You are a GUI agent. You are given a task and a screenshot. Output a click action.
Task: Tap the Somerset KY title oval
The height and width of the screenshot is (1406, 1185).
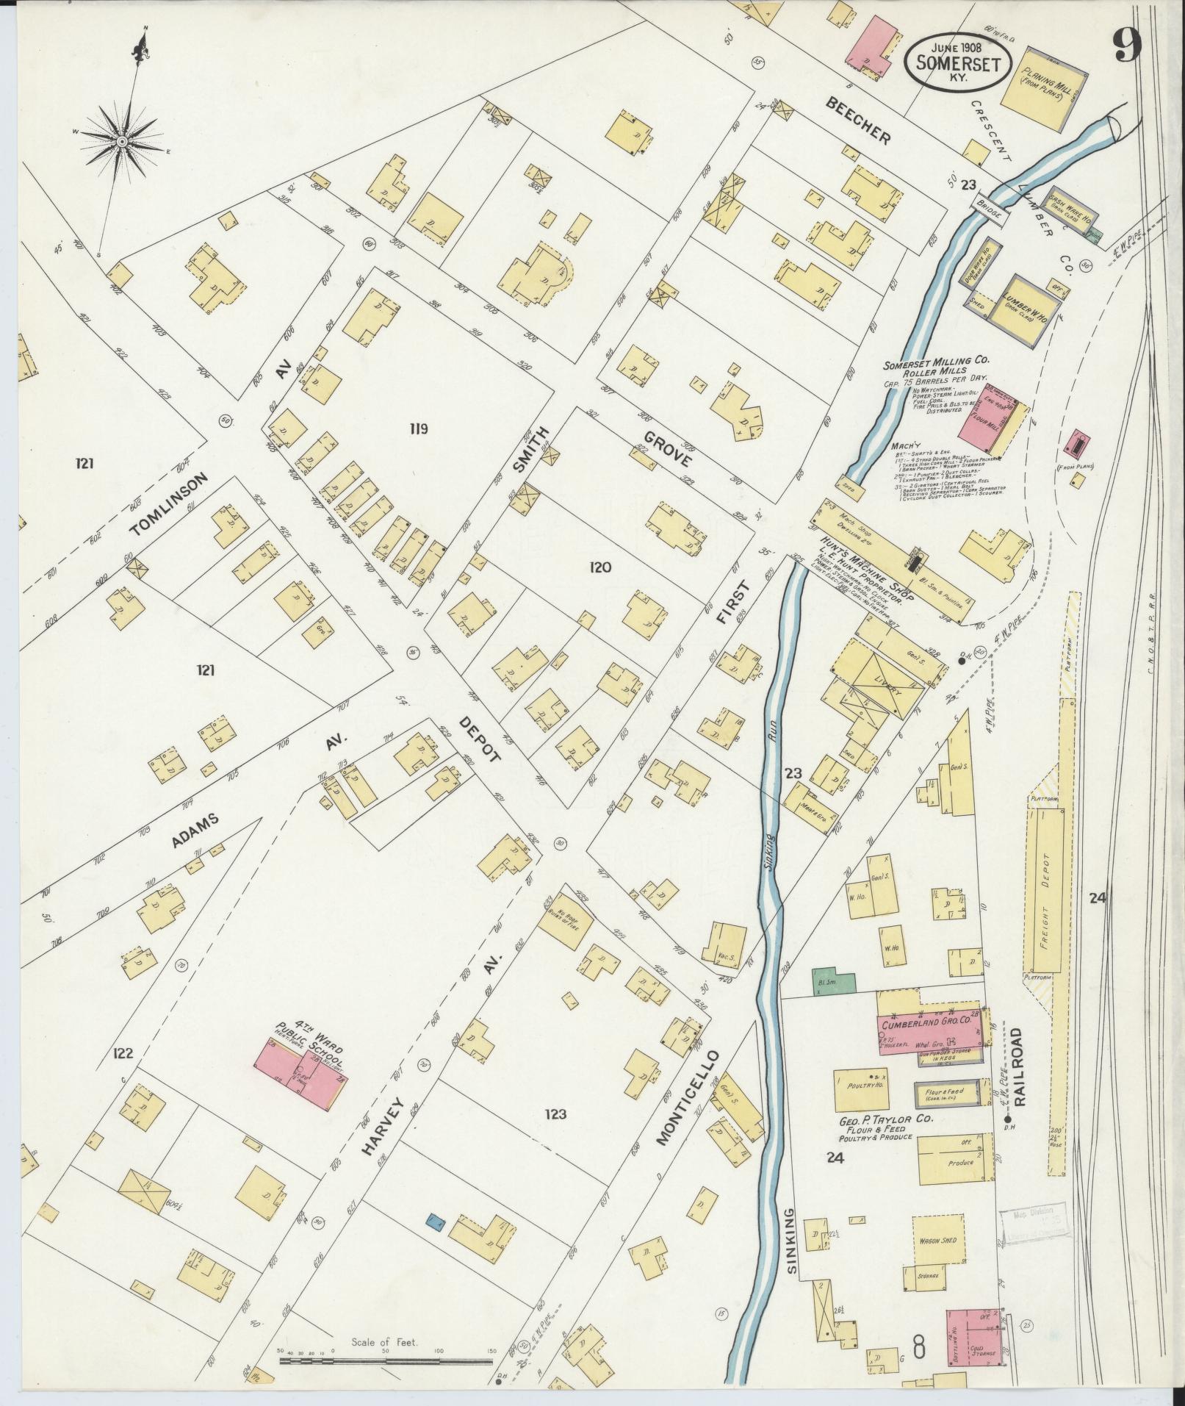click(x=956, y=60)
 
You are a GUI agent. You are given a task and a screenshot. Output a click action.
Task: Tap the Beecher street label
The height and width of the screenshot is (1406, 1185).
click(x=858, y=121)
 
